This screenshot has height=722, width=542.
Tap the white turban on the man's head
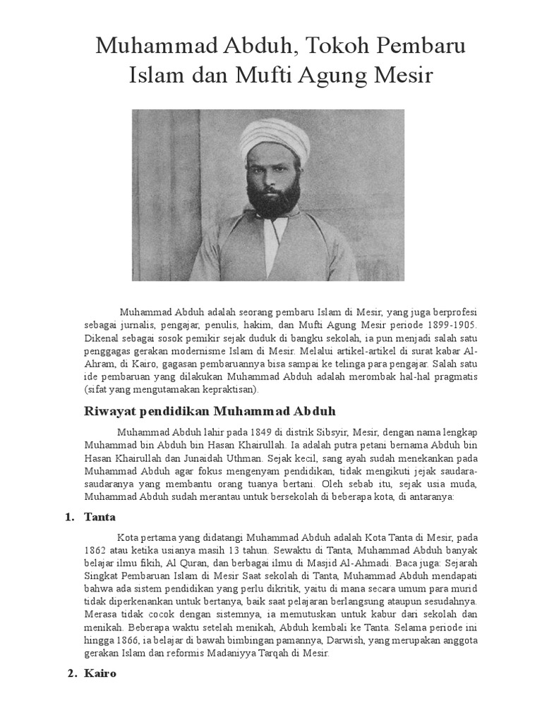[x=275, y=139]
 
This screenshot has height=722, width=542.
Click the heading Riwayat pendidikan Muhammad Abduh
[x=210, y=410]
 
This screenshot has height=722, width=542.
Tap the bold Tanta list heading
[x=100, y=517]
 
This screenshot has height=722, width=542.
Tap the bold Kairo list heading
[x=100, y=673]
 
